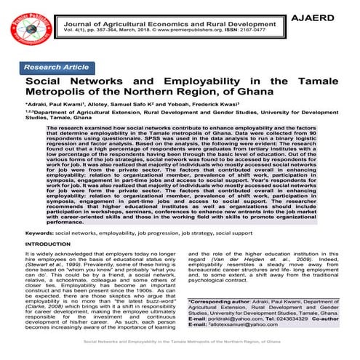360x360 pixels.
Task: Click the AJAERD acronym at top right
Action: [x=331, y=16]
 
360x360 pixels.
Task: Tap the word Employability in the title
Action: [x=187, y=82]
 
